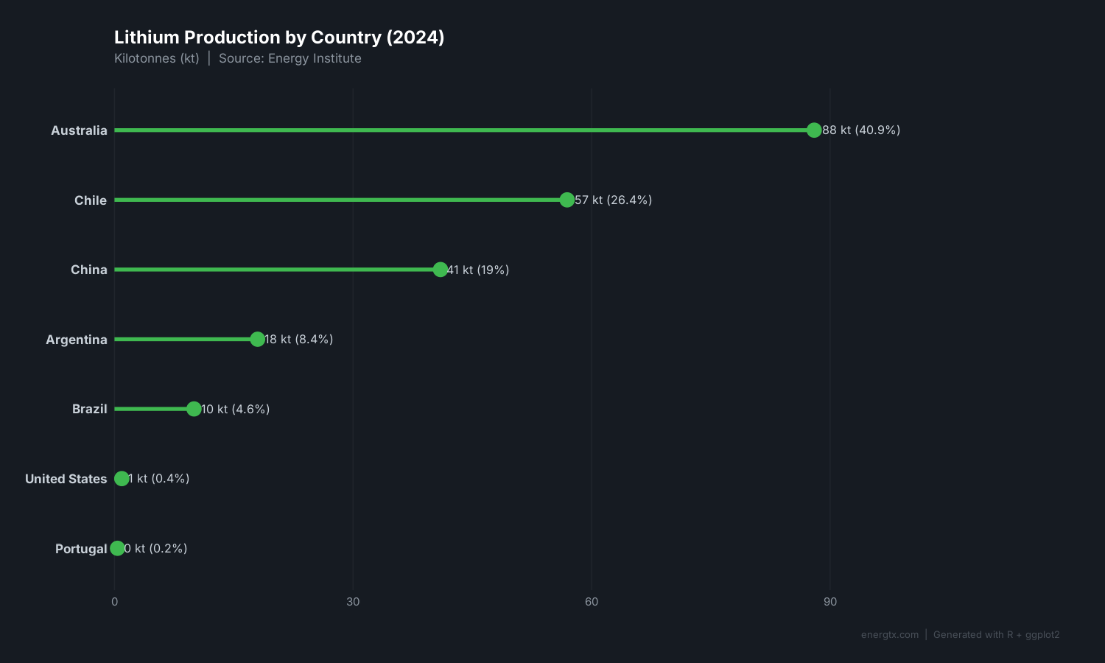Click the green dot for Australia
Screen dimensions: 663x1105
click(x=814, y=130)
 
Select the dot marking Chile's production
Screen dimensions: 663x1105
click(x=566, y=200)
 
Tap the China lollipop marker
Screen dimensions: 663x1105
click(x=440, y=270)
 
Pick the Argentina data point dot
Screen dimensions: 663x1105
click(x=257, y=339)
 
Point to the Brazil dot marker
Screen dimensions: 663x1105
click(x=194, y=409)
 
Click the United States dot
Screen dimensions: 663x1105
click(x=122, y=479)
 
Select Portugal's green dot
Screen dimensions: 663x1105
click(x=117, y=548)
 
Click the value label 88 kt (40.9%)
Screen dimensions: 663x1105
click(x=861, y=130)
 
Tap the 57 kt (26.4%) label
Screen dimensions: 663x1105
click(x=613, y=200)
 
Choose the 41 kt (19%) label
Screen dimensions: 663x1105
click(x=478, y=270)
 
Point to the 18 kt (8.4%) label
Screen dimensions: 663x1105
click(x=298, y=339)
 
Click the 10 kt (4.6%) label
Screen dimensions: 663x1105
click(x=235, y=409)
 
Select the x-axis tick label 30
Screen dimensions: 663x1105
click(x=353, y=602)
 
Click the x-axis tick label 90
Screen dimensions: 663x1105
click(x=830, y=602)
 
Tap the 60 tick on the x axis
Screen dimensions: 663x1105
click(x=592, y=602)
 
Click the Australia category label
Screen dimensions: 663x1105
click(x=79, y=130)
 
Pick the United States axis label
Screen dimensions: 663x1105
click(x=66, y=479)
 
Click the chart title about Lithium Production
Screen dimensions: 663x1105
click(x=279, y=38)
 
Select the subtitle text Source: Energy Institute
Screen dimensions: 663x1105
click(x=290, y=58)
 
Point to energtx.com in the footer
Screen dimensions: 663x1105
click(x=890, y=635)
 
